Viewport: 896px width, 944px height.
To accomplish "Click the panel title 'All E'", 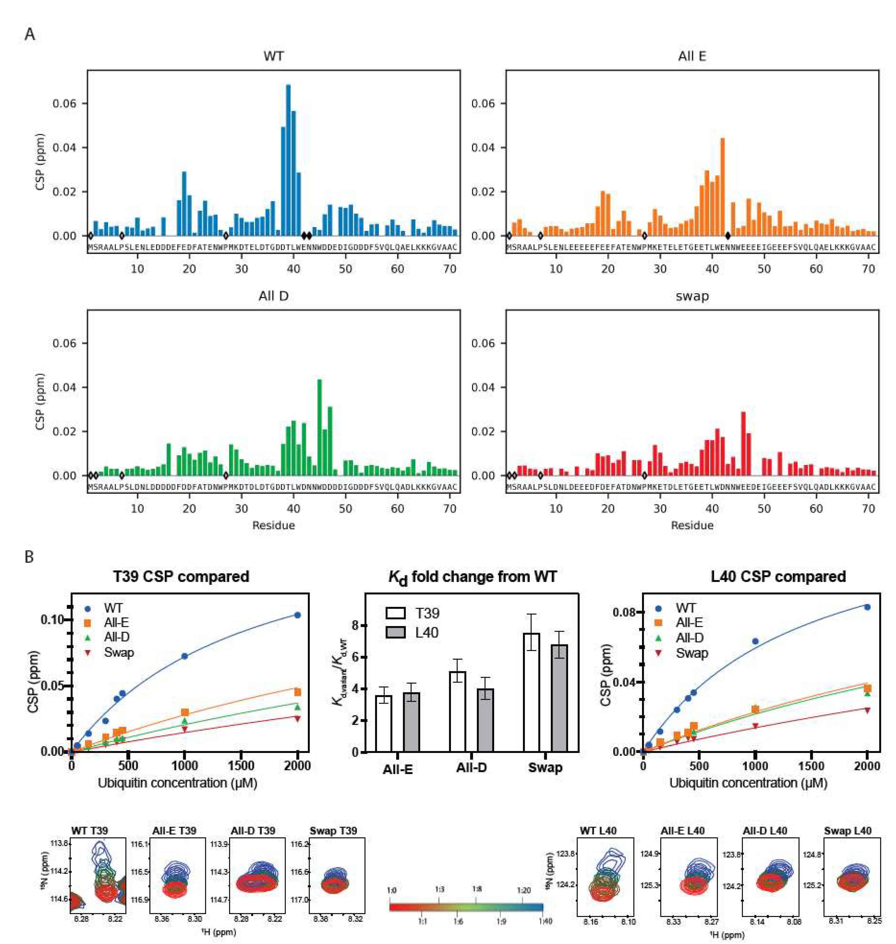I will coord(692,56).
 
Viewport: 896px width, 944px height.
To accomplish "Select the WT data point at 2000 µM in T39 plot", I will coord(297,615).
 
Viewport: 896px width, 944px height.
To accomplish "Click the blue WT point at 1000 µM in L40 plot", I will coord(755,641).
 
